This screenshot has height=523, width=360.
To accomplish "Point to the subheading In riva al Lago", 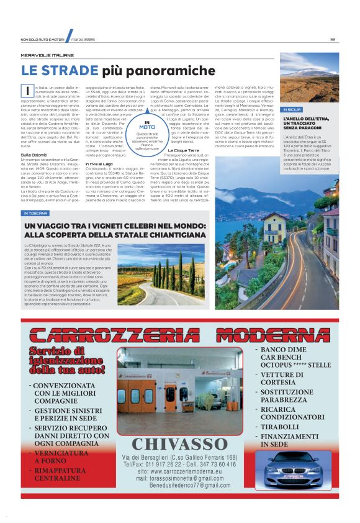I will click(x=99, y=163).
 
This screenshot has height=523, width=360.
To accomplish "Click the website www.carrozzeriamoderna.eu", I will click(x=185, y=471).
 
